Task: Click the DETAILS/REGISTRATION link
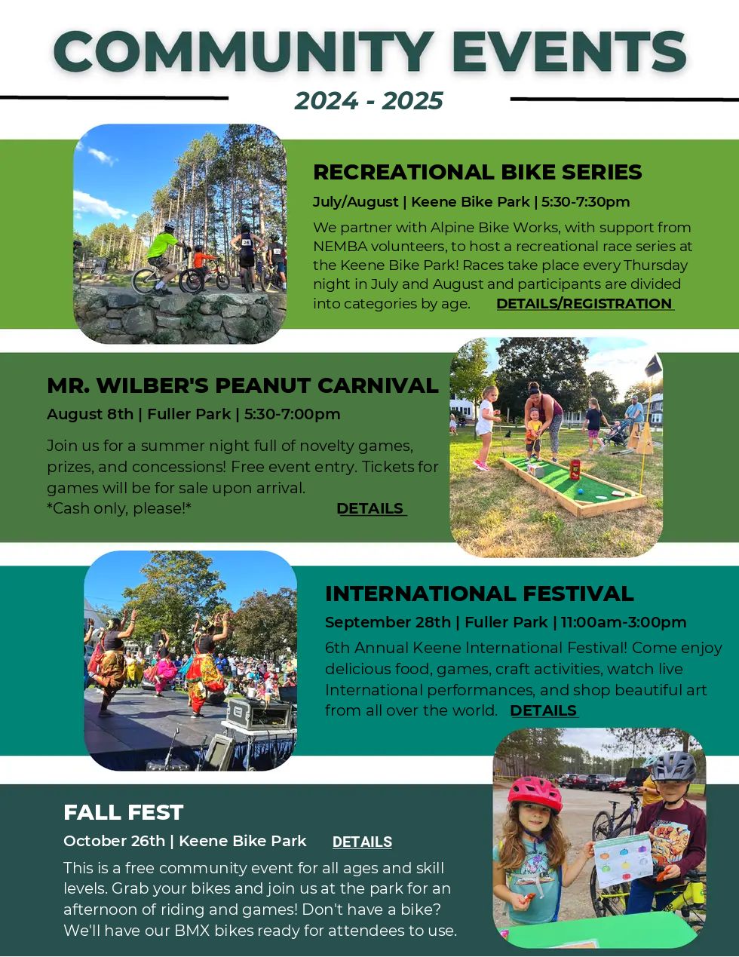585,303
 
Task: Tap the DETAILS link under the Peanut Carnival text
371,508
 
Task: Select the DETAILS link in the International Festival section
544,710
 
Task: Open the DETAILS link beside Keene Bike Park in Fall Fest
362,842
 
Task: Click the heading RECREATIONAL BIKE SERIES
477,172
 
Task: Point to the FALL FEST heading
124,812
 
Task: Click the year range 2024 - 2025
369,101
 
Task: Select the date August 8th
90,415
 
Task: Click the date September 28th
388,622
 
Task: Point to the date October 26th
114,841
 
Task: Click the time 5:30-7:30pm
586,202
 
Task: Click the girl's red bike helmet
535,793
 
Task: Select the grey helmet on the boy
674,767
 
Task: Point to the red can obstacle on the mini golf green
575,469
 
